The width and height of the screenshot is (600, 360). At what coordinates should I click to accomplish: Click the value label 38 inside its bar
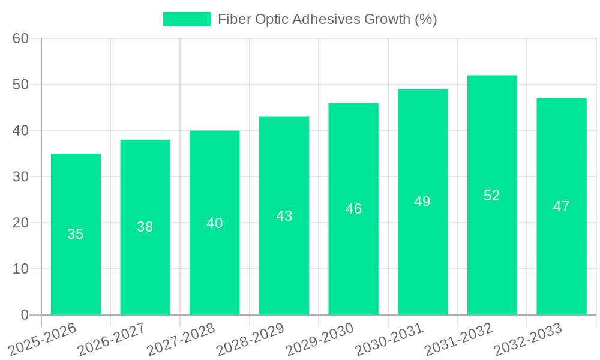click(x=145, y=227)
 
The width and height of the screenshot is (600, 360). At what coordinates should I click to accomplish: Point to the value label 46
click(x=353, y=209)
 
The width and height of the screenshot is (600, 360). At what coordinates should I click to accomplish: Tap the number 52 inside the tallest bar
click(x=492, y=196)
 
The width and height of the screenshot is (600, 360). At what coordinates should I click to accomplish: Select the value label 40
click(x=215, y=223)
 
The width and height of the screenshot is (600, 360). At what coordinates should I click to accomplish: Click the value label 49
click(x=422, y=202)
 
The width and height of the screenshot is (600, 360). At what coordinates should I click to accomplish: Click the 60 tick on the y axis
click(x=20, y=38)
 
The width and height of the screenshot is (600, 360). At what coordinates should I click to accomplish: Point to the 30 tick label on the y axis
click(x=20, y=176)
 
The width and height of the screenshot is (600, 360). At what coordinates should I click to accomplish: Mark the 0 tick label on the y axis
click(x=25, y=315)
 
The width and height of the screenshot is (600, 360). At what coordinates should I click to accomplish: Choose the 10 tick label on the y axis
click(x=20, y=269)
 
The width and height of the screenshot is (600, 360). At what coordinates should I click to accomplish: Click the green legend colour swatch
click(x=187, y=19)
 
